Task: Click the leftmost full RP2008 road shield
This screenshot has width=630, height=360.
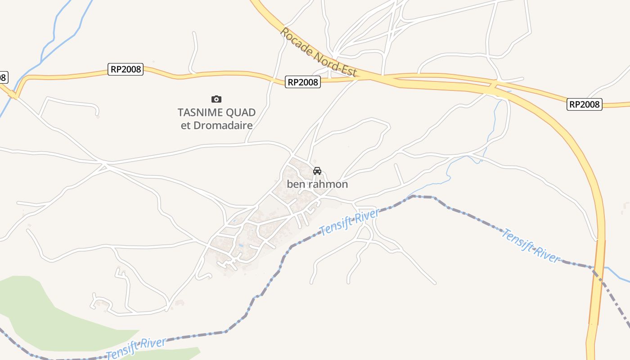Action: [126, 69]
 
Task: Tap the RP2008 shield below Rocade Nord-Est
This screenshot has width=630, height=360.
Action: [303, 82]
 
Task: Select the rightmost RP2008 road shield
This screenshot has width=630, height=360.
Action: [584, 104]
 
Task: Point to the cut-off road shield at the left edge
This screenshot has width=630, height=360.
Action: [3, 77]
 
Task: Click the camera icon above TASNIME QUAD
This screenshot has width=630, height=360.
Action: [216, 99]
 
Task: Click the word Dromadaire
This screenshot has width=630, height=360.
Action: [223, 126]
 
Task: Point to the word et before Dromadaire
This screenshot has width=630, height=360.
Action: [186, 126]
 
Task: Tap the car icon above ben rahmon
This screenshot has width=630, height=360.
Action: [317, 171]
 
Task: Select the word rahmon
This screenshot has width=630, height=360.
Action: [328, 184]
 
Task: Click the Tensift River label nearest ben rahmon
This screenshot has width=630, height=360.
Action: [349, 222]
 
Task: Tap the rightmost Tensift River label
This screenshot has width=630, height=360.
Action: [531, 246]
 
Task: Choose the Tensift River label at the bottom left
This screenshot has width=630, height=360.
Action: [136, 347]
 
